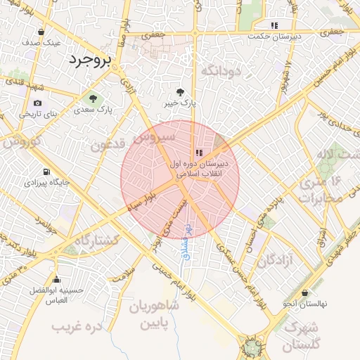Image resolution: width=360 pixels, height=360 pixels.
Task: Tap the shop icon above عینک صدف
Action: [41, 32]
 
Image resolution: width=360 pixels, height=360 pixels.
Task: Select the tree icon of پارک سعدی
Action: [93, 98]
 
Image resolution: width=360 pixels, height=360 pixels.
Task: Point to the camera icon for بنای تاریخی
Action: [37, 103]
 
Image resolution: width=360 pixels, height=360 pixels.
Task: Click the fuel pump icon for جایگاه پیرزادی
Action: [46, 172]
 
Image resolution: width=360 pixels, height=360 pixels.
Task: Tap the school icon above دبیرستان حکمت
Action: [274, 25]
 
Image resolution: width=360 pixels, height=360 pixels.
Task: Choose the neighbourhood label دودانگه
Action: [221, 70]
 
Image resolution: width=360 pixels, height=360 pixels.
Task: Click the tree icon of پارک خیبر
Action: [181, 91]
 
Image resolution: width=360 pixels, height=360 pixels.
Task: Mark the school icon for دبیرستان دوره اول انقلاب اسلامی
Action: [200, 152]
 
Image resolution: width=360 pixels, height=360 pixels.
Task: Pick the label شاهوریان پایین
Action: [155, 316]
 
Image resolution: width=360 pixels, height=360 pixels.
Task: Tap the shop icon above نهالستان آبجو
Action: [304, 293]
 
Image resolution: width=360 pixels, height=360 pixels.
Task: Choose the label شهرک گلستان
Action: [302, 336]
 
